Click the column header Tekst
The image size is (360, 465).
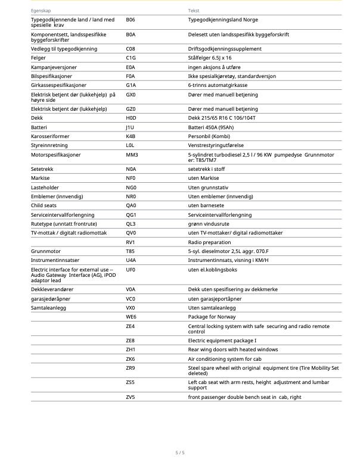coord(194,11)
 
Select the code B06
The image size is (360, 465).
coord(131,20)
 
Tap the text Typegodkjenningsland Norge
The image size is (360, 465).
coord(219,20)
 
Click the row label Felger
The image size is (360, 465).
coord(38,58)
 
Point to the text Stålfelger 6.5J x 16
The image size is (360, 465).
coord(210,58)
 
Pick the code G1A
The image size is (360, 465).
coord(131,85)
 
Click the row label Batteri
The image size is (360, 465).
coord(39,127)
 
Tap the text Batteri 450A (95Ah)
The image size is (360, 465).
coord(210,127)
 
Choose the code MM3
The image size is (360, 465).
coord(132,155)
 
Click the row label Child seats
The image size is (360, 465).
coord(44,205)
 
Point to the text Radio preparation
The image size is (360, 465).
coord(209,242)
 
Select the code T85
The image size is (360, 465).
coord(131,251)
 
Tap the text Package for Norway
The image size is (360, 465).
coord(212,317)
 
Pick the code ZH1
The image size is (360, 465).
coord(131,349)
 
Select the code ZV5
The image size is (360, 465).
coord(131,397)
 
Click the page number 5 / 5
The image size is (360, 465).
coord(180,453)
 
